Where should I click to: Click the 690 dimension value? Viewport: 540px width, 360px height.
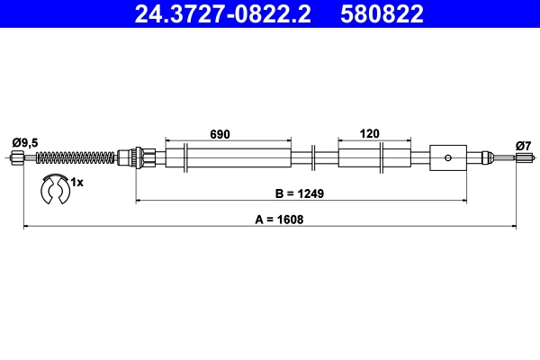coord(220,134)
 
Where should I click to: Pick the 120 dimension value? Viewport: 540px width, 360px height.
coord(368,134)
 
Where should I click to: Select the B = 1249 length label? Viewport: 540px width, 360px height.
coord(300,193)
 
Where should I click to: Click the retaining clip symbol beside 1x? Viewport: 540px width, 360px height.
coord(56,189)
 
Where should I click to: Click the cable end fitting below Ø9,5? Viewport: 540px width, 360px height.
coord(18,159)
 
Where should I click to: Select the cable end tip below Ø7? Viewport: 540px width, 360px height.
coord(524,159)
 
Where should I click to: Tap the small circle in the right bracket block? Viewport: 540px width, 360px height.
coord(447,158)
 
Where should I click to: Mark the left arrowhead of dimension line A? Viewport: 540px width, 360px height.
coord(26,227)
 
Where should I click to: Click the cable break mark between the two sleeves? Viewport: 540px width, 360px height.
coord(311,157)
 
